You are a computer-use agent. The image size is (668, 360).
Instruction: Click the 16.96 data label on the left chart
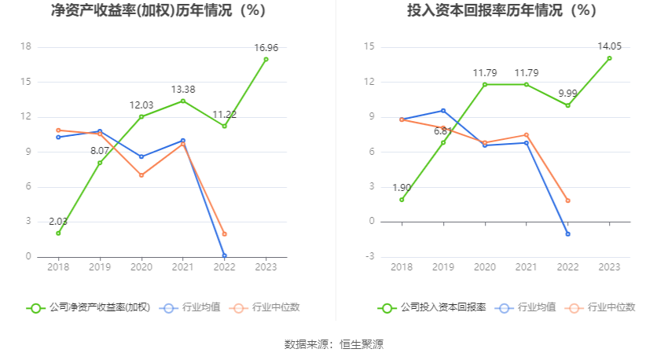pos(266,48)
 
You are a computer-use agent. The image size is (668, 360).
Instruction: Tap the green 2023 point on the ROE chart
pos(266,59)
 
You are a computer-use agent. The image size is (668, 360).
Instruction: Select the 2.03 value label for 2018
pos(58,222)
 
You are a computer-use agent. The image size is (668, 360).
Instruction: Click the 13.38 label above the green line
pos(182,90)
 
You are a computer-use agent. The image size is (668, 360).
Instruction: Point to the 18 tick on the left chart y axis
pos(25,47)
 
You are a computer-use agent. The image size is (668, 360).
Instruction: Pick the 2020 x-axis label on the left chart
pos(141,267)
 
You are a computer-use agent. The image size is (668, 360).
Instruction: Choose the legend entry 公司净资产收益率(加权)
pos(89,307)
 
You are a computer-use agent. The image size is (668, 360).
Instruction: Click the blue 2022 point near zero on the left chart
pos(224,255)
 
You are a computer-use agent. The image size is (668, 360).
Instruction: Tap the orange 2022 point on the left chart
pos(224,234)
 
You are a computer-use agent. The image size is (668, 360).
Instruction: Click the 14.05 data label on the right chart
pos(610,46)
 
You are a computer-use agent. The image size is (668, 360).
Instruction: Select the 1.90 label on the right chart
pos(402,188)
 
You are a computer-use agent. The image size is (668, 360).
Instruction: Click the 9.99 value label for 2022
pos(567,94)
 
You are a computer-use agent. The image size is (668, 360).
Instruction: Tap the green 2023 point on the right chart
pos(609,58)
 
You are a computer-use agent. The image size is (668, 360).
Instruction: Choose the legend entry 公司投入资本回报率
pos(431,307)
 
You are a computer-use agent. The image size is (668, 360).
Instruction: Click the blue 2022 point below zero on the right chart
pos(567,234)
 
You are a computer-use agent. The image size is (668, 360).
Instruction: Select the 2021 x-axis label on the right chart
pos(526,267)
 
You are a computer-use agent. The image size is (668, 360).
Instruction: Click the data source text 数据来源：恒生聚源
pos(334,344)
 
